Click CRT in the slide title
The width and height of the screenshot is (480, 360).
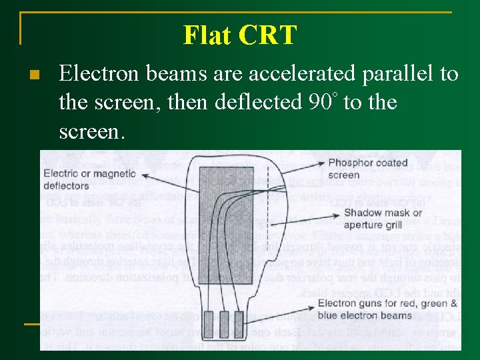point(269,35)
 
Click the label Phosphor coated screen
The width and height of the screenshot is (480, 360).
point(367,169)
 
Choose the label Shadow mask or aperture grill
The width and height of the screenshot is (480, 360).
point(383,219)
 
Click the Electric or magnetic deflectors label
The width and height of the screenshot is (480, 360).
point(89,179)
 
